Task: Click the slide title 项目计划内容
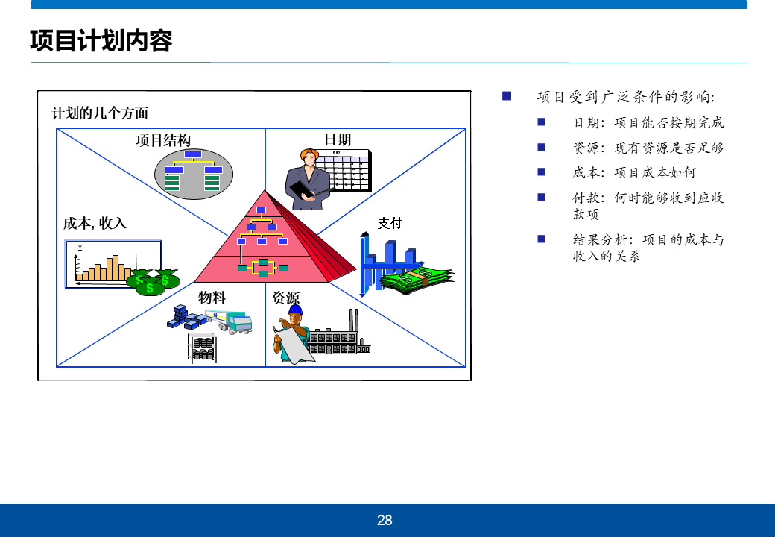click(x=101, y=40)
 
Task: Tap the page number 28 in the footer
click(x=385, y=520)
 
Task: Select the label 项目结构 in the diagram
click(x=163, y=140)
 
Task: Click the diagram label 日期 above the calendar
click(x=338, y=140)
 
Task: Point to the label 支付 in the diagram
click(x=390, y=224)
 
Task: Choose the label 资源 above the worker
click(x=285, y=298)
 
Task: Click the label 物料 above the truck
click(x=212, y=298)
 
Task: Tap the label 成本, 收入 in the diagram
click(x=95, y=224)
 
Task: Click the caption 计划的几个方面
click(x=101, y=113)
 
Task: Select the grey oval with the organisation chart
click(x=194, y=174)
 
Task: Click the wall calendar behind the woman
click(x=349, y=171)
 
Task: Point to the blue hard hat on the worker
click(x=295, y=310)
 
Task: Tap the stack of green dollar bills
click(x=417, y=280)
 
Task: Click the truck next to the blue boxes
click(x=229, y=321)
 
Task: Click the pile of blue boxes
click(x=186, y=317)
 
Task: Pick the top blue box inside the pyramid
click(x=262, y=210)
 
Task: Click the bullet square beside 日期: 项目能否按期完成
click(x=541, y=122)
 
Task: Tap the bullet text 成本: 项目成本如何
click(x=635, y=172)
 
